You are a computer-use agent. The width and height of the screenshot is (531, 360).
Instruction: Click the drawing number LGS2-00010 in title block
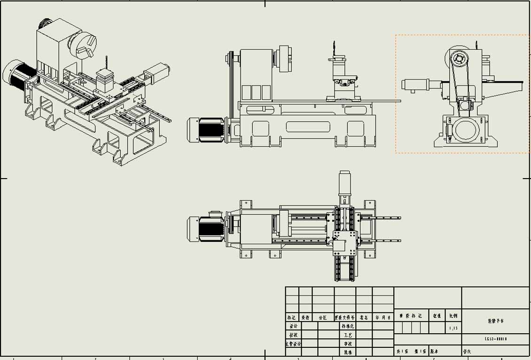click(496, 339)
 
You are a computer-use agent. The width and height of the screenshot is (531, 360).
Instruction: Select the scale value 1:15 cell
click(453, 328)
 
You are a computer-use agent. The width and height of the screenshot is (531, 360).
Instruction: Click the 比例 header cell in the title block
click(453, 316)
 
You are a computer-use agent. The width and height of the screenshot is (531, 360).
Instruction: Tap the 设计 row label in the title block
click(293, 326)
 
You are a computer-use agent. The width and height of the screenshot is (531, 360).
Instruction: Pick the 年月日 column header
click(383, 317)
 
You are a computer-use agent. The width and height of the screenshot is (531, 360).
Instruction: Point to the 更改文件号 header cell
click(345, 317)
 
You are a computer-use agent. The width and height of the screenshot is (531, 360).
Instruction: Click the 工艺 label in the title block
click(348, 335)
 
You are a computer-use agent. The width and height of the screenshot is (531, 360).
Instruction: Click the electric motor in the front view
click(206, 129)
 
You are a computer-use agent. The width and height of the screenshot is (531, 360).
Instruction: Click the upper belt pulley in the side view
click(459, 59)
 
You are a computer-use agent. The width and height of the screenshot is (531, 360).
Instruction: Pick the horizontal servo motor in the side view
click(416, 85)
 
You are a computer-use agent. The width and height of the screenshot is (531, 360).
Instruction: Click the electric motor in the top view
click(205, 228)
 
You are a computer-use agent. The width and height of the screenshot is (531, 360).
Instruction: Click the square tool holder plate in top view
click(345, 243)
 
